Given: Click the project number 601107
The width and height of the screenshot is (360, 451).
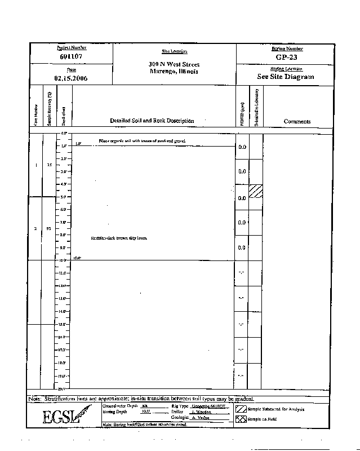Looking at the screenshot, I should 72,57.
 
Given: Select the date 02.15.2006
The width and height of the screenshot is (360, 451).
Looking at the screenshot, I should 71,78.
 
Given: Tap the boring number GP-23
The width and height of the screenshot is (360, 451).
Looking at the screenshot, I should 287,57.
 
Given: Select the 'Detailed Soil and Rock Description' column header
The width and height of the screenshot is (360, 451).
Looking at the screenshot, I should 152,121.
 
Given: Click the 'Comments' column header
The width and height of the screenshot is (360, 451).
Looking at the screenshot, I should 297,121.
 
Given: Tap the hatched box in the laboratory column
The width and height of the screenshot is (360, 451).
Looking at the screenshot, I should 256,191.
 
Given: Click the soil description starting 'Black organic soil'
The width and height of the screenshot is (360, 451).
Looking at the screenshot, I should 142,140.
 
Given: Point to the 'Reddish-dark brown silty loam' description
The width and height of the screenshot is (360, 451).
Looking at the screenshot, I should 119,238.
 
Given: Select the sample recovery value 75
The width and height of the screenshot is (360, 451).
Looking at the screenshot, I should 50,165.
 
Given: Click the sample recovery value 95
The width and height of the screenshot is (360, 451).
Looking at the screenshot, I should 49,228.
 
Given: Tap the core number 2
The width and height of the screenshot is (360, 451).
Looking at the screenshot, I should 35,228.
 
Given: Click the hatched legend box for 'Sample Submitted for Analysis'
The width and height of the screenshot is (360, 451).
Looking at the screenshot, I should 241,409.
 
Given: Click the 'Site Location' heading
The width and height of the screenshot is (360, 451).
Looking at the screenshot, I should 174,52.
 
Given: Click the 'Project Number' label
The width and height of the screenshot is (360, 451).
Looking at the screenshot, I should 72,48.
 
